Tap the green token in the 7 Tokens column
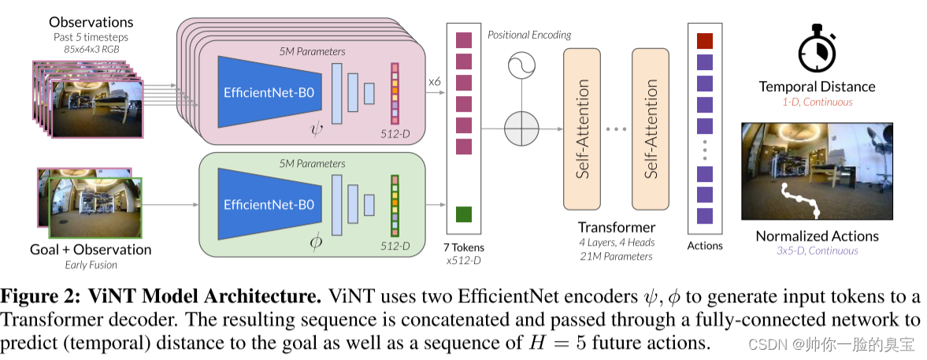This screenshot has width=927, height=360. coord(463,213)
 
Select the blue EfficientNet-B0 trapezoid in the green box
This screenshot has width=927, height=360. coord(269,204)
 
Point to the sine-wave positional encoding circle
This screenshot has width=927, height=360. coord(521,65)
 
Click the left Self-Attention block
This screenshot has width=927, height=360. coord(587,128)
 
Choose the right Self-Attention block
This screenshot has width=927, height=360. coord(654,128)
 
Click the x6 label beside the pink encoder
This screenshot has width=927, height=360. coord(435,81)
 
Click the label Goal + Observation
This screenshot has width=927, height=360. coord(90,250)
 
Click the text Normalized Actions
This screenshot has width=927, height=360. coord(817,236)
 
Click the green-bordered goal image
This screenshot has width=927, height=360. coord(95,207)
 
